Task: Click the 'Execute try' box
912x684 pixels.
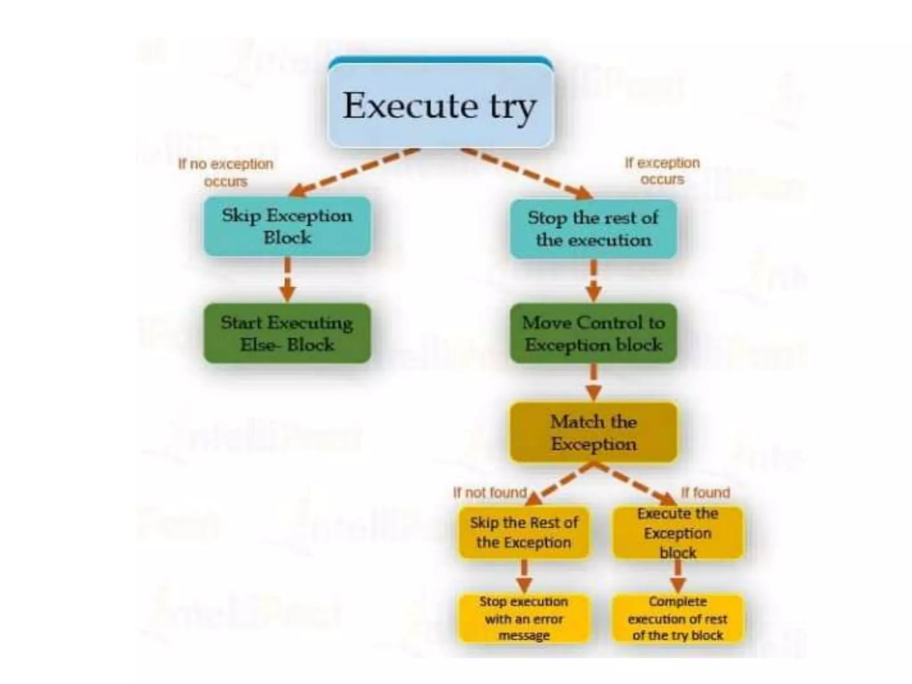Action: coord(440,106)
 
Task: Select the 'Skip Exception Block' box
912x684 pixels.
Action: coord(287,227)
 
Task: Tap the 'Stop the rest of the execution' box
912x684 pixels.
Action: coord(593,229)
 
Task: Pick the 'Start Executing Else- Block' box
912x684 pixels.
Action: coord(287,334)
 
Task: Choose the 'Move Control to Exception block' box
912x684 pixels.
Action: coord(593,334)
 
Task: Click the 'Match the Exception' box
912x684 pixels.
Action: coord(593,433)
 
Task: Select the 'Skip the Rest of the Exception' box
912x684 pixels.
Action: coord(524,533)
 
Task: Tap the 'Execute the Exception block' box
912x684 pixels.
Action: coord(678,533)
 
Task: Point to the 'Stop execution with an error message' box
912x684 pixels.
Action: coord(524,619)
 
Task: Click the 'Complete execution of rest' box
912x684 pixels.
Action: coord(678,619)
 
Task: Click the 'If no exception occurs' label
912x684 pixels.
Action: coord(226,173)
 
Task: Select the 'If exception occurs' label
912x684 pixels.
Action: coord(662,171)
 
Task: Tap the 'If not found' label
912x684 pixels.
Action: coord(490,493)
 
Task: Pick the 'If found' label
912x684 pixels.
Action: coord(706,493)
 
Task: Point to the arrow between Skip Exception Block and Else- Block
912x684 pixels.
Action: coord(288,280)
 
